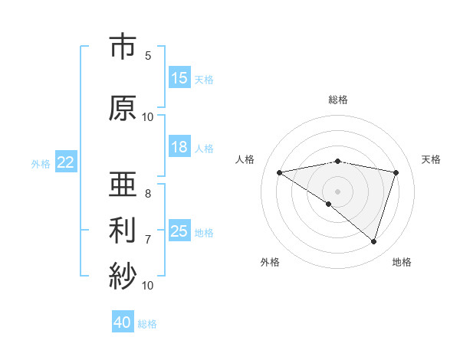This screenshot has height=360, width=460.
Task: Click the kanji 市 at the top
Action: (123, 47)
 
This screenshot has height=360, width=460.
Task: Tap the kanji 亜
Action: (123, 185)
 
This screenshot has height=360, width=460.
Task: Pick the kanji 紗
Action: (123, 274)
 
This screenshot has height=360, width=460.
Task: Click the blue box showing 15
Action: (179, 78)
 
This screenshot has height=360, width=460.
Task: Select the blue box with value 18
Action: (179, 147)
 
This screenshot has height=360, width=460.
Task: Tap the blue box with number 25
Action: (179, 231)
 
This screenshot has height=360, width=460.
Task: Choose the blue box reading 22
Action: (66, 162)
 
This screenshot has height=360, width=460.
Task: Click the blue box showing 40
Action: (123, 322)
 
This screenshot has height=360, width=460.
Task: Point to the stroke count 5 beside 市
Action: (148, 56)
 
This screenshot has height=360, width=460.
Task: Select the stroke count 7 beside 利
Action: (148, 240)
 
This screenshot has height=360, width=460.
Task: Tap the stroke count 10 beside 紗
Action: (148, 285)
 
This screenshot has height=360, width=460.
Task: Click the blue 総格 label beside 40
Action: (147, 323)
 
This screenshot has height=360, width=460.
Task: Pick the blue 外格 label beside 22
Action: (41, 163)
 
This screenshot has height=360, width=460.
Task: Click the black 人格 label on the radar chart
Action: (245, 159)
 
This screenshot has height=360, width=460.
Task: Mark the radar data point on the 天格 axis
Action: (396, 172)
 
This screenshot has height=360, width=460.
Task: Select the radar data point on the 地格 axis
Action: (373, 241)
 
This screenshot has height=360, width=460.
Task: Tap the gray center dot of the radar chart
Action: (337, 191)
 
